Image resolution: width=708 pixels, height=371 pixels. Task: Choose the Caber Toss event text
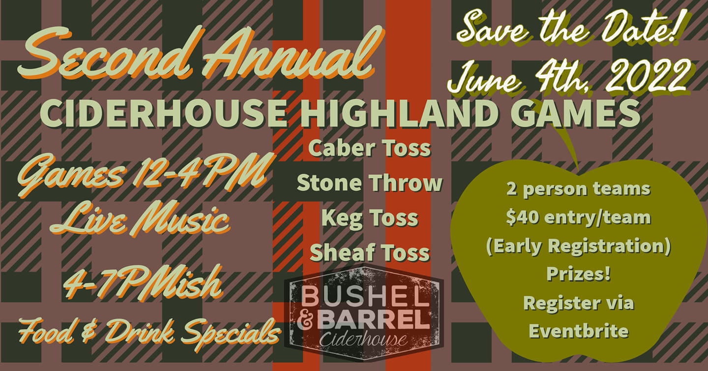click(370, 148)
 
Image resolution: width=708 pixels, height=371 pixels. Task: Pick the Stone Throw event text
click(370, 183)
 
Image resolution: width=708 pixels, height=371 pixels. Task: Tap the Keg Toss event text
click(370, 219)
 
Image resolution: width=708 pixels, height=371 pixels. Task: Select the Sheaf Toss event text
click(370, 252)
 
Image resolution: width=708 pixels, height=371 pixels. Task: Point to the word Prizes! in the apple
click(578, 274)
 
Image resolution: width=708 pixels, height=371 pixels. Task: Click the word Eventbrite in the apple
click(579, 331)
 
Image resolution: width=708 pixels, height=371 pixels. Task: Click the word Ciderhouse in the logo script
click(363, 340)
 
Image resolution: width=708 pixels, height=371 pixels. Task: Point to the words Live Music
click(140, 219)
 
